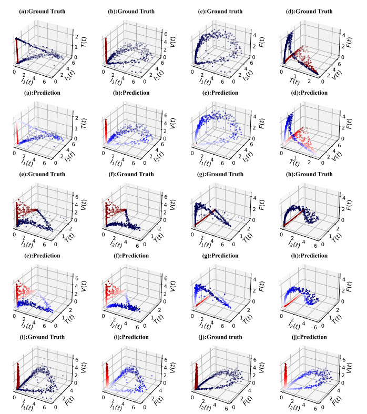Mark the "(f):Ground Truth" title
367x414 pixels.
click(x=135, y=174)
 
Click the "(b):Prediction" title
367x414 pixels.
click(x=135, y=93)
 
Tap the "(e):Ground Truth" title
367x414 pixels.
click(x=46, y=174)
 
